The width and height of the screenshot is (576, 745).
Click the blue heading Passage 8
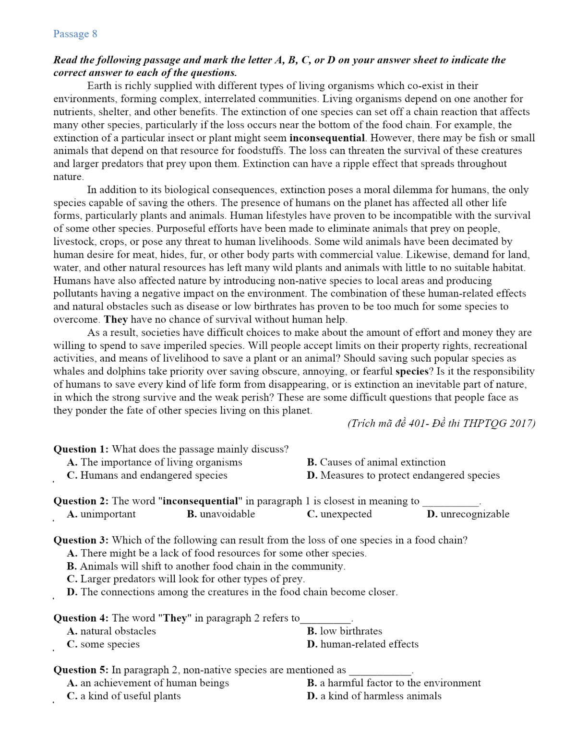coord(75,34)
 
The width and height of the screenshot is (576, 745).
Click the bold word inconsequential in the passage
coord(327,138)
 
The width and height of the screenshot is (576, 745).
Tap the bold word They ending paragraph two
coord(116,319)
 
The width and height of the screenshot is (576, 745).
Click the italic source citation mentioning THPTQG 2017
coord(441,423)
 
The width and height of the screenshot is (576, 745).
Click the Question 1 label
coord(81,449)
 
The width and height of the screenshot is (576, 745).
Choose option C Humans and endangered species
coord(147,475)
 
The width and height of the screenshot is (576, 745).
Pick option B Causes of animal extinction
coord(376,462)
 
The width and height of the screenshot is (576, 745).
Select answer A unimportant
coord(101,514)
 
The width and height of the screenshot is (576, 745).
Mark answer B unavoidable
coord(221,514)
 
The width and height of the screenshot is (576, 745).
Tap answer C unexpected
coord(339,514)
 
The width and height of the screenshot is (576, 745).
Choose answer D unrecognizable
coord(468,514)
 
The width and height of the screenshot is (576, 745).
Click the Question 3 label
coord(81,540)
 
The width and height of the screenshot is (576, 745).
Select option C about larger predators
coord(186,579)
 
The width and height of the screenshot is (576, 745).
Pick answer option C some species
coord(103,644)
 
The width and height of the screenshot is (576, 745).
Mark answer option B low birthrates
coord(345,631)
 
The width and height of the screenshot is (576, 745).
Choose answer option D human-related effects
coord(363,644)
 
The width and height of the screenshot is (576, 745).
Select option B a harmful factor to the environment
coord(394,683)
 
